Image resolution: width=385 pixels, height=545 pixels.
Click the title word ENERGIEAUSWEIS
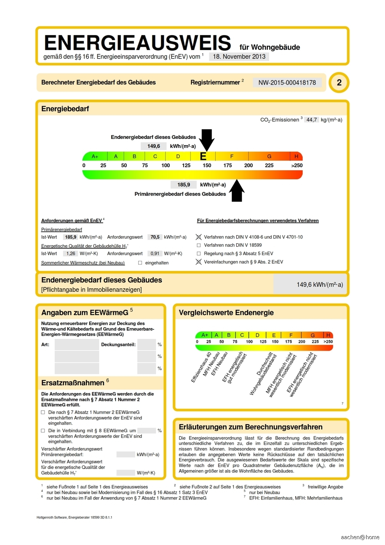click(137, 43)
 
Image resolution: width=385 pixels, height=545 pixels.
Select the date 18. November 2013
click(239, 57)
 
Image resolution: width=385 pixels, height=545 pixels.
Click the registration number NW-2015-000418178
click(287, 82)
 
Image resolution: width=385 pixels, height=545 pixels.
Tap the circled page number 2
click(339, 82)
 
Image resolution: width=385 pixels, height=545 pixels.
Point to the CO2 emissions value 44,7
click(311, 120)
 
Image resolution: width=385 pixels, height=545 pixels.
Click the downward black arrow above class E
click(207, 140)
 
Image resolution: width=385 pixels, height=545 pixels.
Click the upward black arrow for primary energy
click(237, 191)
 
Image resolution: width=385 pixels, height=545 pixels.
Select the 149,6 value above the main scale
click(153, 146)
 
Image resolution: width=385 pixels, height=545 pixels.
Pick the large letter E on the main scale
click(203, 156)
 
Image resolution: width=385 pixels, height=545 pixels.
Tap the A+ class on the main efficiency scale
click(95, 156)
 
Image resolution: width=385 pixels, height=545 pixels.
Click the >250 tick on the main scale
click(296, 166)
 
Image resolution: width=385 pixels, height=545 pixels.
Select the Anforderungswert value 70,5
click(155, 237)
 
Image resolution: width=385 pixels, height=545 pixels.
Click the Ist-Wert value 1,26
click(70, 254)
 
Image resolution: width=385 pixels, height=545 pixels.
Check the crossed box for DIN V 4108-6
click(199, 237)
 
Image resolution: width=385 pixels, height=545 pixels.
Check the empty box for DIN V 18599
click(199, 245)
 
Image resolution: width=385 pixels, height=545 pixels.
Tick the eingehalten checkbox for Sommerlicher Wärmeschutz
click(140, 263)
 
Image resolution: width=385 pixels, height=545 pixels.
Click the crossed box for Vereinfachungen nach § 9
click(199, 262)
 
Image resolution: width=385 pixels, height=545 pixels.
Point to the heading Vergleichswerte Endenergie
click(226, 313)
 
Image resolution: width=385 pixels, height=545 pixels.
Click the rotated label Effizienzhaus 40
click(201, 367)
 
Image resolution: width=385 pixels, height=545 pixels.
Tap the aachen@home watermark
click(360, 537)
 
